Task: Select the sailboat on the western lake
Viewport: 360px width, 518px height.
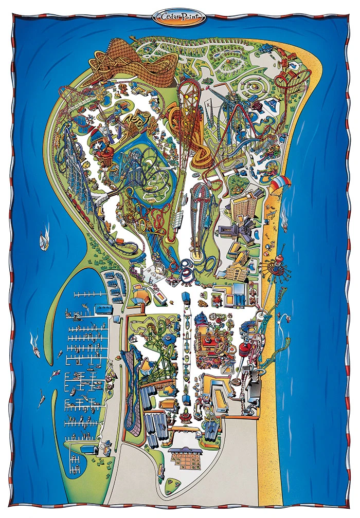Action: pos(44,240)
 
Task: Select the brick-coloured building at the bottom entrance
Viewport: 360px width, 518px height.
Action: pos(186,455)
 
